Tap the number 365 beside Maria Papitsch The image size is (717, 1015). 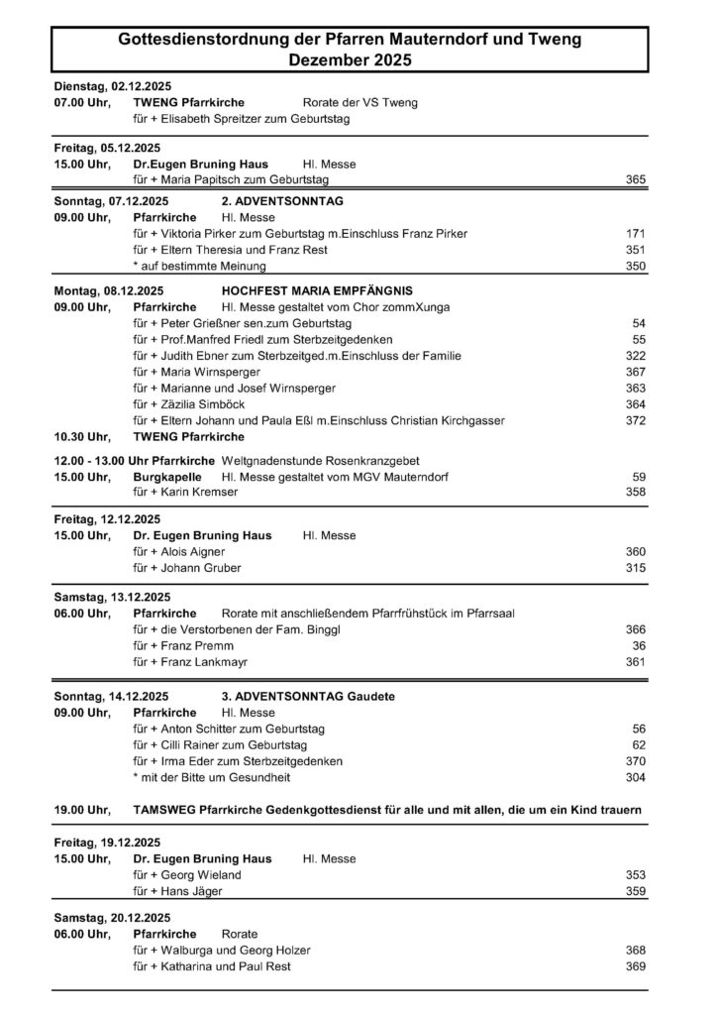636,179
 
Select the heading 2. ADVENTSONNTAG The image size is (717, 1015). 282,199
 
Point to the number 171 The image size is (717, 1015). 636,234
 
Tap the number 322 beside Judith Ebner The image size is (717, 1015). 636,356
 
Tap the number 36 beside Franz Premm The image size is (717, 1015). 639,645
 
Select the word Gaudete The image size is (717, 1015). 371,697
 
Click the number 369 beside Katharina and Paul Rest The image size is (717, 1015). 636,966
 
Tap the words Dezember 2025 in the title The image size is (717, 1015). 350,60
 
